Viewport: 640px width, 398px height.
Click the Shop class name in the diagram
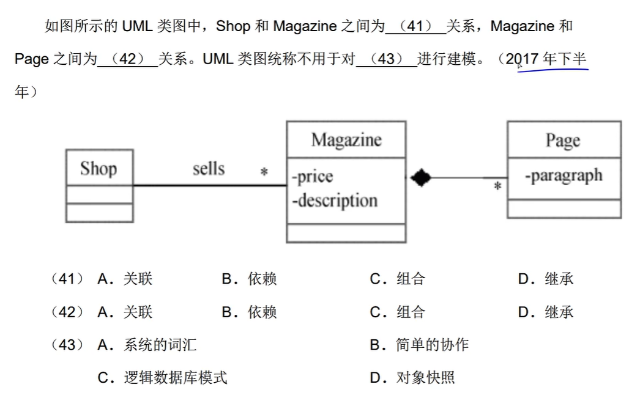click(99, 168)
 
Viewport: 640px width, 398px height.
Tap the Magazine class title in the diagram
click(346, 140)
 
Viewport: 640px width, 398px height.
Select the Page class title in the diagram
click(563, 140)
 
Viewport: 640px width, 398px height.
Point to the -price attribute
click(313, 177)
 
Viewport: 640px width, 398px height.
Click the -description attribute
click(334, 200)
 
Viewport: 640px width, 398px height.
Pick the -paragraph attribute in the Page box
click(563, 175)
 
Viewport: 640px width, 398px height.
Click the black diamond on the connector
click(420, 178)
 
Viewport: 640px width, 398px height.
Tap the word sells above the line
click(209, 168)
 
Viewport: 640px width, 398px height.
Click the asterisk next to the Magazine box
click(264, 173)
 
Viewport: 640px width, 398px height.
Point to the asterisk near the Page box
click(497, 186)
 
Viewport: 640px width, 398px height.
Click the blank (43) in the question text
click(386, 59)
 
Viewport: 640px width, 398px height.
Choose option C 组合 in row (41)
click(398, 279)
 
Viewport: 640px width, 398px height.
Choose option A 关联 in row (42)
click(125, 312)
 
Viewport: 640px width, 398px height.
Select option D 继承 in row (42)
click(546, 312)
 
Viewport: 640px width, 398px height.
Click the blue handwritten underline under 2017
click(552, 70)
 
